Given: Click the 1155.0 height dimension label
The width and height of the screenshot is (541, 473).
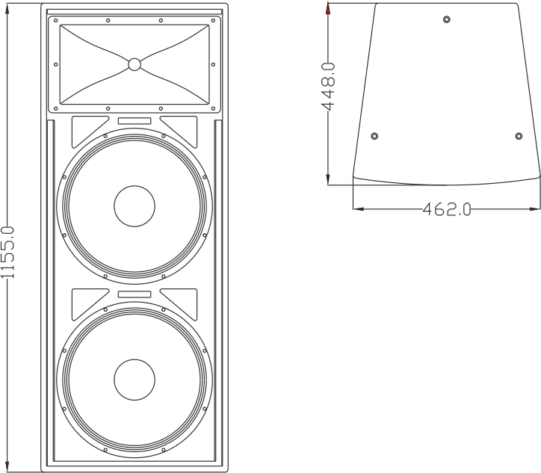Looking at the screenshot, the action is point(7,253).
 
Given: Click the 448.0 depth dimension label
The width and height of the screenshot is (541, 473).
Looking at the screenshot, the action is point(328,86).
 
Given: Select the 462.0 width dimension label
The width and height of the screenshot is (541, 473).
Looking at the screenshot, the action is point(447,209).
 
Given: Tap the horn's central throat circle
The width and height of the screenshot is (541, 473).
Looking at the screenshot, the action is point(135,64).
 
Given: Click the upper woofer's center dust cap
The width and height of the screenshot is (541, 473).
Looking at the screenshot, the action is point(135,206).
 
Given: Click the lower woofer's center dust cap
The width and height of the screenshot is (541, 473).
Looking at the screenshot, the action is point(135,380).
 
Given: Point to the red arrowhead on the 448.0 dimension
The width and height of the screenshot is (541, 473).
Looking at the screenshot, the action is point(328,10).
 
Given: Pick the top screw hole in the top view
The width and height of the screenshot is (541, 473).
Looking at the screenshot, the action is point(446,19).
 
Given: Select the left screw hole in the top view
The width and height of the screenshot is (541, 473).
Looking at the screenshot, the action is point(374,136).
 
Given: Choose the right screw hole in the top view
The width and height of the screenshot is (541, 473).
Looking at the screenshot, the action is point(519,136).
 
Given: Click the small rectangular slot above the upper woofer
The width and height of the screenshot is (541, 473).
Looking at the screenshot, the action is point(135,121).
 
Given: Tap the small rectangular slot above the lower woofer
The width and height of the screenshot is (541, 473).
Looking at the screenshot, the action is point(135,294).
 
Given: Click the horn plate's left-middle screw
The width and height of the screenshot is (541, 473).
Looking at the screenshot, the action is point(56,64).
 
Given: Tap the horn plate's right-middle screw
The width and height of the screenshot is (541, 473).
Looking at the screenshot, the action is point(213,64).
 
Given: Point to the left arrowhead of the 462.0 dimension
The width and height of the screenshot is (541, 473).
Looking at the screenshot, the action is point(359,208).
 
